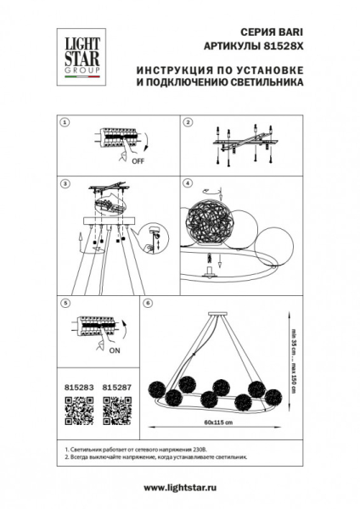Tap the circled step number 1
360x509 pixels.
point(65,122)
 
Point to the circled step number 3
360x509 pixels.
point(65,183)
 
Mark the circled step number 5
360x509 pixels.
point(65,302)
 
